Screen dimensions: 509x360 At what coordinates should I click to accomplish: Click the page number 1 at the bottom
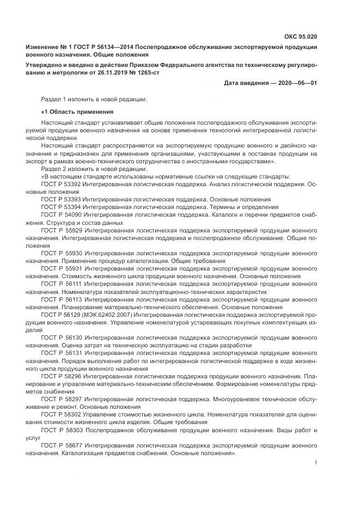pyautogui.click(x=315, y=463)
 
